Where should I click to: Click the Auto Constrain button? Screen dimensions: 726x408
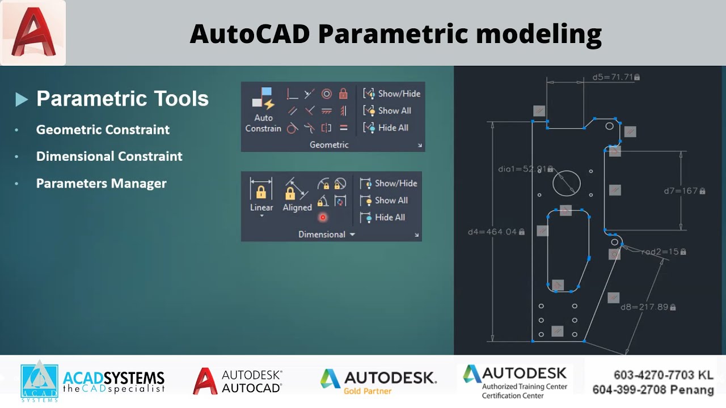[x=263, y=110]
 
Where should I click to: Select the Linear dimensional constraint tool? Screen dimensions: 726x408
[x=261, y=195]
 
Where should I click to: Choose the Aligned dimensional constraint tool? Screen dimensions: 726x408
[x=297, y=195]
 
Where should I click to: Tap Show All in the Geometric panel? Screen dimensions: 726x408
[x=388, y=110]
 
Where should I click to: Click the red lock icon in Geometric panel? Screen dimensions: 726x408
[x=343, y=93]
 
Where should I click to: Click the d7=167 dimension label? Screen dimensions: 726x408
[x=684, y=191]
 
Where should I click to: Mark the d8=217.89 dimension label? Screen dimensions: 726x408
[x=647, y=307]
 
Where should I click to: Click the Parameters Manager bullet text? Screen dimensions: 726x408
[x=101, y=184]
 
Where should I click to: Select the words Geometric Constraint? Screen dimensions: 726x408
[x=103, y=130]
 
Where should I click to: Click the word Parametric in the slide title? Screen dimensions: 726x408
[x=394, y=33]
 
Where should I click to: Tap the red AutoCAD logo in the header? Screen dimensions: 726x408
[x=33, y=33]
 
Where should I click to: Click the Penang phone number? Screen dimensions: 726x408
[x=652, y=390]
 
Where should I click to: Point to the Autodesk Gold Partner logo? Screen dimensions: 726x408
[x=378, y=381]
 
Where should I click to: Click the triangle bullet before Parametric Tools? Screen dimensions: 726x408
[x=22, y=100]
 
